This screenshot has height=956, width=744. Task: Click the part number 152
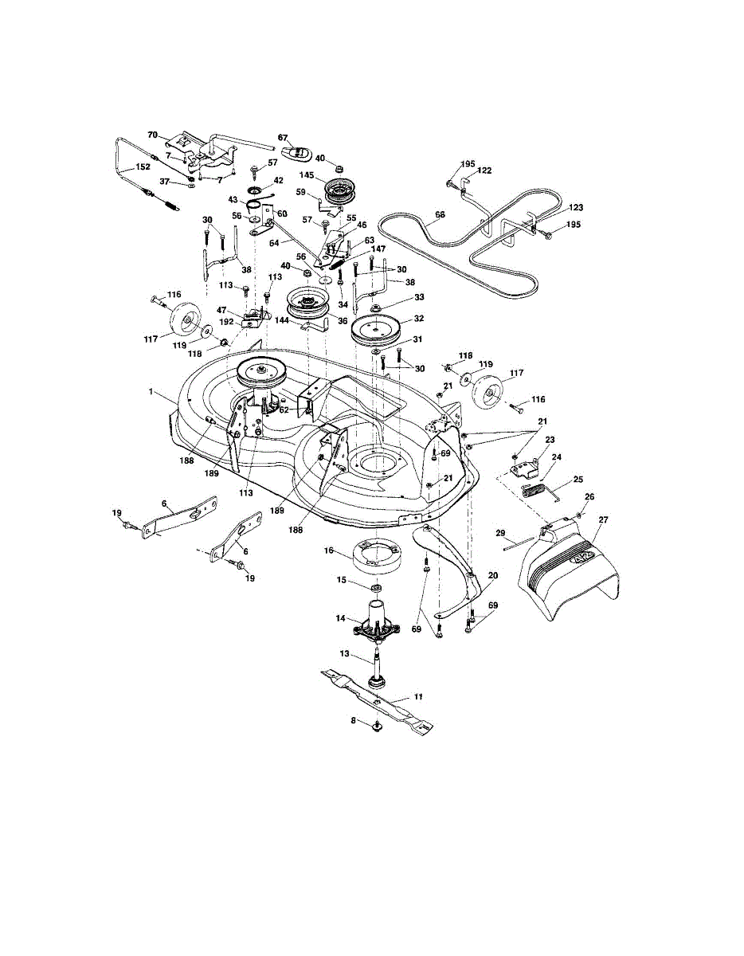143,167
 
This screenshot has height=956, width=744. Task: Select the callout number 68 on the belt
440,214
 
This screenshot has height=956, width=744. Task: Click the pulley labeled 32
374,327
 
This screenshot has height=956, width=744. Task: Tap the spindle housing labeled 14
373,621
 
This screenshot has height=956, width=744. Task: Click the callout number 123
576,208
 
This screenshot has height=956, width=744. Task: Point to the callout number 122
485,170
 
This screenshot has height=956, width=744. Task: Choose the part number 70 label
153,135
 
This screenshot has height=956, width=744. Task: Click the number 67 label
283,138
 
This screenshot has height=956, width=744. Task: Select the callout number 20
492,575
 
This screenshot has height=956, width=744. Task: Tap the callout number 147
369,249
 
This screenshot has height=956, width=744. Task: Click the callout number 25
578,480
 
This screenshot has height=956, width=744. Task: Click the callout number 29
502,533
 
